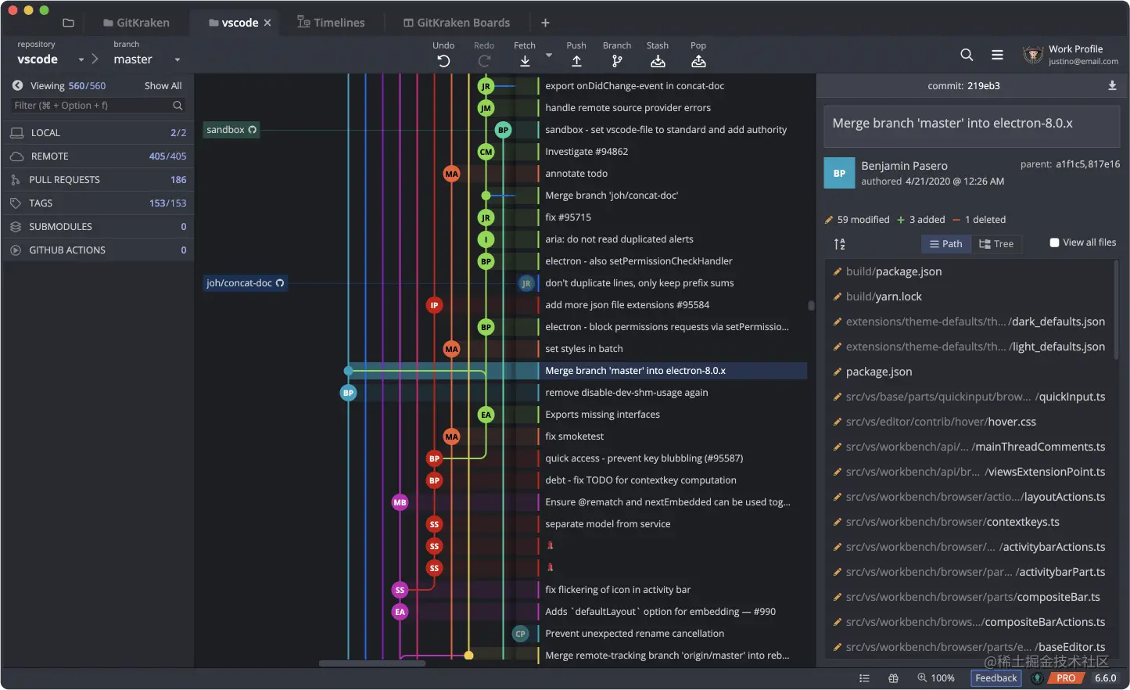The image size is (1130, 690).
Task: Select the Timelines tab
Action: pyautogui.click(x=331, y=22)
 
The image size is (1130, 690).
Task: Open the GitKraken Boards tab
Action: pyautogui.click(x=457, y=22)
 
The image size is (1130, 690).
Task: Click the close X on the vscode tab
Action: pyautogui.click(x=267, y=23)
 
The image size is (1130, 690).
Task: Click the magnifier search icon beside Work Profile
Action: pyautogui.click(x=966, y=55)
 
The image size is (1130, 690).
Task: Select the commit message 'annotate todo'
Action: pyautogui.click(x=576, y=174)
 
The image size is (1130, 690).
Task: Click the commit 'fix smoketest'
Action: pyautogui.click(x=574, y=437)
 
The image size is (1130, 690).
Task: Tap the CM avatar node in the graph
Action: pyautogui.click(x=486, y=152)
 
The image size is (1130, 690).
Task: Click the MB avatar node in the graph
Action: pyautogui.click(x=400, y=502)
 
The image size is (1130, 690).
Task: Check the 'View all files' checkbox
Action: pyautogui.click(x=1054, y=243)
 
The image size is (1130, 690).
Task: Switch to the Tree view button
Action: pyautogui.click(x=996, y=244)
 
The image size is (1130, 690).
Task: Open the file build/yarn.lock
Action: pyautogui.click(x=884, y=296)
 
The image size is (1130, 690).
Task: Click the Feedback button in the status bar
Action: pyautogui.click(x=995, y=678)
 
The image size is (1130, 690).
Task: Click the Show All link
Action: pyautogui.click(x=163, y=86)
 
